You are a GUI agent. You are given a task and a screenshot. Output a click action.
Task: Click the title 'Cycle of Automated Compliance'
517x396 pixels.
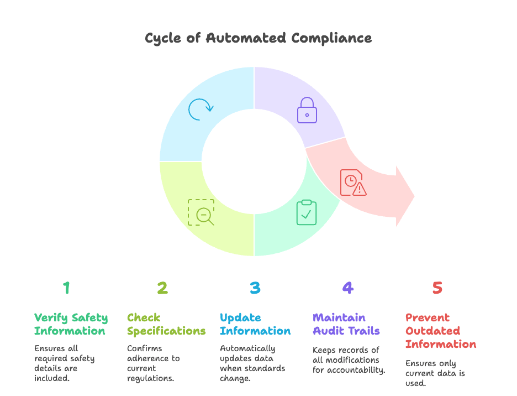click(x=258, y=38)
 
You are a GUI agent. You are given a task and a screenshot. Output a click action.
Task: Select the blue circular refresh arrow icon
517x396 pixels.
click(x=199, y=110)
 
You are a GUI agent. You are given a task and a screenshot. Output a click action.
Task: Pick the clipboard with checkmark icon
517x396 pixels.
click(x=307, y=212)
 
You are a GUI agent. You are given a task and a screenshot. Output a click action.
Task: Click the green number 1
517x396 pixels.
click(x=66, y=288)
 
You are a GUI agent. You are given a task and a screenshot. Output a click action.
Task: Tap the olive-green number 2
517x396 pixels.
click(x=162, y=288)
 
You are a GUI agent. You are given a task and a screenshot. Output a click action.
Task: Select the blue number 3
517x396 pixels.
click(x=255, y=288)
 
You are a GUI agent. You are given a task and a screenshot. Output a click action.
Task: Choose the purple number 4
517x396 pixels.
click(x=347, y=288)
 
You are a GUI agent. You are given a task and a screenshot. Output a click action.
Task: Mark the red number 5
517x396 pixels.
click(x=437, y=288)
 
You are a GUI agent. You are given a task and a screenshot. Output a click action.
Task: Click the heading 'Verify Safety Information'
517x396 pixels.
click(x=71, y=324)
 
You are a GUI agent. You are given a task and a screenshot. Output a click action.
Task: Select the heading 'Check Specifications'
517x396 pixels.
click(x=166, y=324)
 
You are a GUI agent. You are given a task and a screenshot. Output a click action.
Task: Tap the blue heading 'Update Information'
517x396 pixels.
click(x=255, y=324)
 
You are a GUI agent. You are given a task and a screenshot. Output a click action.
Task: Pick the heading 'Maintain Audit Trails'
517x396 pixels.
click(x=346, y=324)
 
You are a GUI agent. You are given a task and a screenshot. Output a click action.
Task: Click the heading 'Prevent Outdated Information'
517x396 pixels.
click(x=441, y=331)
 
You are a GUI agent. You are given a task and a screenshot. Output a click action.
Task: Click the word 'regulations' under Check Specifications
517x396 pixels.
click(x=151, y=378)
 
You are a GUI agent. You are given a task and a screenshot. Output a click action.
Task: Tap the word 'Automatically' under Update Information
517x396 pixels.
click(x=247, y=348)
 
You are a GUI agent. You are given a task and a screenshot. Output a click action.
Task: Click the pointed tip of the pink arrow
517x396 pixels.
click(x=414, y=196)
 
